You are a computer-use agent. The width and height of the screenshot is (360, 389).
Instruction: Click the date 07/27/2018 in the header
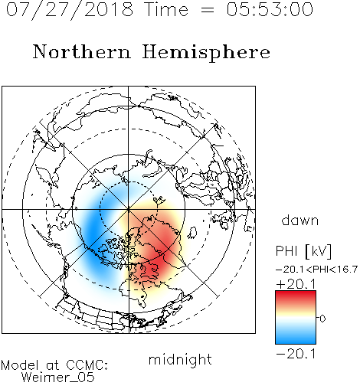pyautogui.click(x=70, y=10)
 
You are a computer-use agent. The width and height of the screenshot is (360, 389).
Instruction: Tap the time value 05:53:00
pyautogui.click(x=270, y=9)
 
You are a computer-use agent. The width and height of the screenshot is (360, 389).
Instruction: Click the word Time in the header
pyautogui.click(x=166, y=9)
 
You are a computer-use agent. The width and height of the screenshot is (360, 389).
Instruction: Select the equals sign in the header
pyautogui.click(x=208, y=10)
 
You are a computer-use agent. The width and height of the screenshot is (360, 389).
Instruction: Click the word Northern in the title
pyautogui.click(x=82, y=51)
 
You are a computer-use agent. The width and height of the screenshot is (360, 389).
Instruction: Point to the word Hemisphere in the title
pyautogui.click(x=206, y=53)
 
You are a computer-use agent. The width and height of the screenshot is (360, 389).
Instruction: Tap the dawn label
pyautogui.click(x=300, y=220)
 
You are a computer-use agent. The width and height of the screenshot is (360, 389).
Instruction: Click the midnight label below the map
pyautogui.click(x=180, y=360)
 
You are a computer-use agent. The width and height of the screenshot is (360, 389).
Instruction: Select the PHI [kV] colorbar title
pyautogui.click(x=303, y=251)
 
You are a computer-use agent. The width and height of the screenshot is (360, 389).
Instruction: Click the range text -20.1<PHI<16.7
pyautogui.click(x=316, y=270)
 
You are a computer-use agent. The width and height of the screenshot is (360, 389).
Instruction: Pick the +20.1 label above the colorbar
pyautogui.click(x=296, y=284)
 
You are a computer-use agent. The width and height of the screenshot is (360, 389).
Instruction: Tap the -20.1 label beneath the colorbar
pyautogui.click(x=296, y=354)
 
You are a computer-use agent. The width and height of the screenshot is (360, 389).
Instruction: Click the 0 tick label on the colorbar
pyautogui.click(x=322, y=319)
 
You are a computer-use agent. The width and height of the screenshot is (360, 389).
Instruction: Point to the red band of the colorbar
pyautogui.click(x=296, y=297)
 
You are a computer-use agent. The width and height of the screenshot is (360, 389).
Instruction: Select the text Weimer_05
pyautogui.click(x=58, y=378)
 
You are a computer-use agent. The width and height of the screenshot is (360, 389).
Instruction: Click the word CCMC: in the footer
pyautogui.click(x=87, y=365)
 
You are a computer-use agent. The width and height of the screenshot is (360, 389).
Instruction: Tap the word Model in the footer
pyautogui.click(x=20, y=365)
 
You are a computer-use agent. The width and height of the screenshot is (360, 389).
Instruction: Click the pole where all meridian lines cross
pyautogui.click(x=129, y=209)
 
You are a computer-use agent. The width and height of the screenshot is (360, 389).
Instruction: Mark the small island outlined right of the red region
pyautogui.click(x=193, y=232)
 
